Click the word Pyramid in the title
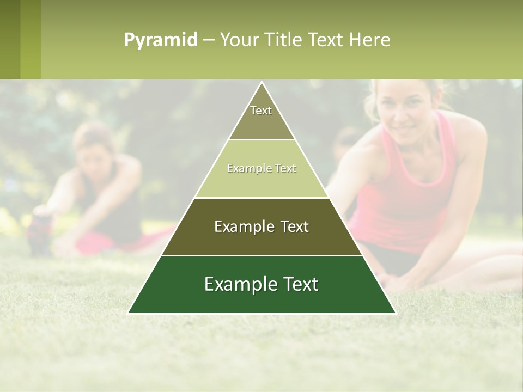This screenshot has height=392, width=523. [161, 40]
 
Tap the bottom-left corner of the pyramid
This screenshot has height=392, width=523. [129, 313]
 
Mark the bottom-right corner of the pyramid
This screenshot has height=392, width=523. [395, 313]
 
